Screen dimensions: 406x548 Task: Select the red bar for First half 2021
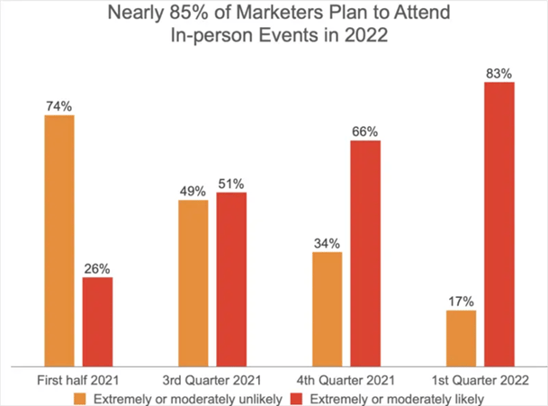(x=97, y=321)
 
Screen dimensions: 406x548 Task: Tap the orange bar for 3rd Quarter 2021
(x=193, y=283)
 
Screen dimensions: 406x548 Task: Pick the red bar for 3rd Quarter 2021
(x=231, y=279)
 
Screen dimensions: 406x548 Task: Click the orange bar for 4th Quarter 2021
(x=327, y=309)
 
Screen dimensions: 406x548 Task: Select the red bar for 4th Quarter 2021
(x=365, y=253)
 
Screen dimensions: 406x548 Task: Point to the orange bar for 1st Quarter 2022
(x=461, y=338)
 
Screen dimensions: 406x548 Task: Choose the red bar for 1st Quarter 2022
(x=499, y=224)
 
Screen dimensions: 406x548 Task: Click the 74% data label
(x=58, y=105)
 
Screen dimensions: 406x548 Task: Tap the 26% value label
(x=97, y=267)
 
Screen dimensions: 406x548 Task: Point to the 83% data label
(x=499, y=72)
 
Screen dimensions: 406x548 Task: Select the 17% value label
(x=461, y=301)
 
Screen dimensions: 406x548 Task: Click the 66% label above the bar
(x=365, y=131)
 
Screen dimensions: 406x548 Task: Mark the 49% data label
(x=193, y=190)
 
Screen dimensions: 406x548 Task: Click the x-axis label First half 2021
(x=78, y=381)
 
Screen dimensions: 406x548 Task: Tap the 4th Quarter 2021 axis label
(x=346, y=381)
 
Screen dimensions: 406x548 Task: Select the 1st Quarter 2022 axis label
(x=481, y=381)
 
